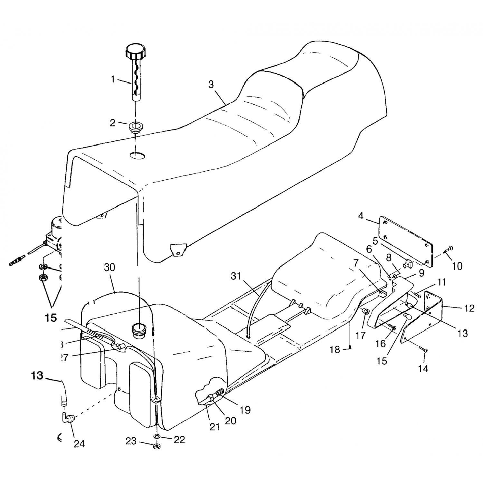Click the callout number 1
point(113,79)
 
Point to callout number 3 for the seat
point(211,84)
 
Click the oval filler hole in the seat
point(137,156)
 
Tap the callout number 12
point(470,308)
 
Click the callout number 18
point(335,350)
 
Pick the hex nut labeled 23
point(157,446)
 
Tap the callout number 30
point(109,268)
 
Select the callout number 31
point(236,276)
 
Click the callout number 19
point(245,410)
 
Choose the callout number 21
point(214,427)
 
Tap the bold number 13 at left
point(37,375)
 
